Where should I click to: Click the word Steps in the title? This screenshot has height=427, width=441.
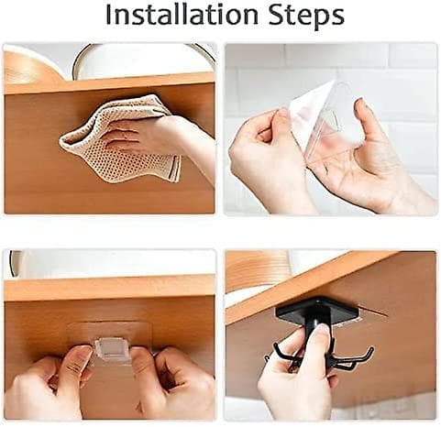(306, 16)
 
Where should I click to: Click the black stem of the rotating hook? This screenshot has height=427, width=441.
(318, 330)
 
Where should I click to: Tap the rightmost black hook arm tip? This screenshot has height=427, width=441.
(371, 349)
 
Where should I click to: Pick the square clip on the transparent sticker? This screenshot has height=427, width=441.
(113, 348)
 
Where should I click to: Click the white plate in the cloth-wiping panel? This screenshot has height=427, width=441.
(144, 61)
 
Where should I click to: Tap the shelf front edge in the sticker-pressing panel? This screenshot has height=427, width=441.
(109, 288)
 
